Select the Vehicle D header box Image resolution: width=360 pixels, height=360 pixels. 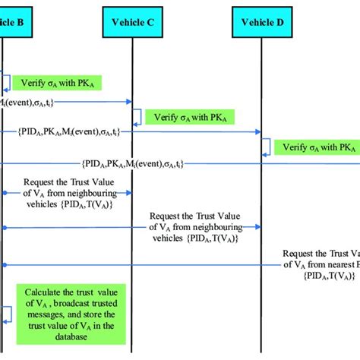pos(261,23)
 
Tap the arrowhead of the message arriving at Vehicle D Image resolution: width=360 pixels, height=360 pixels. pos(258,132)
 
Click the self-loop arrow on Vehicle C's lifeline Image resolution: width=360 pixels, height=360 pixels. pos(137,115)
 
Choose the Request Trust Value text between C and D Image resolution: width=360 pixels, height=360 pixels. pos(195,227)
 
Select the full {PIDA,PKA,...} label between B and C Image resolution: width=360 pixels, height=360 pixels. pos(68,131)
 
